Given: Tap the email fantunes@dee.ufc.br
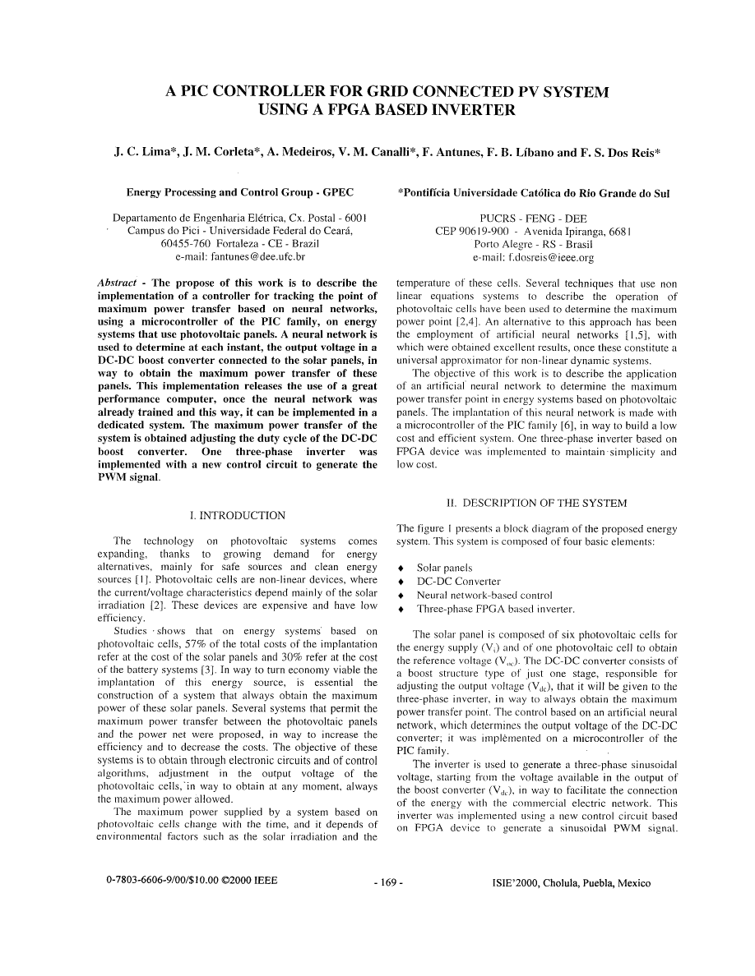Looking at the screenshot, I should click(239, 257).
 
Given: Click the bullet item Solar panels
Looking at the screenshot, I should click(444, 568).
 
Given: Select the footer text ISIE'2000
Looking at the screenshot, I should click(517, 883).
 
